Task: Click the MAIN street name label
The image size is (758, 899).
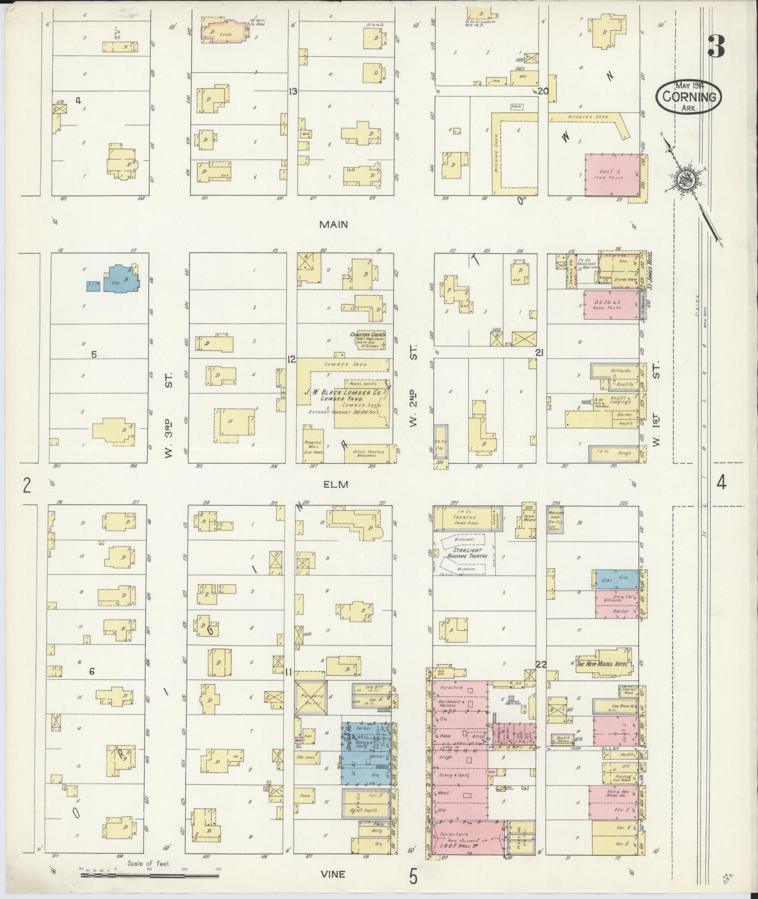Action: pos(334,224)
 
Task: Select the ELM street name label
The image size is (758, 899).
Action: pos(336,485)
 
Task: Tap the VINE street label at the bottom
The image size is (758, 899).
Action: pos(333,874)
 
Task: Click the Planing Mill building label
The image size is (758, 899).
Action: pos(313,445)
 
